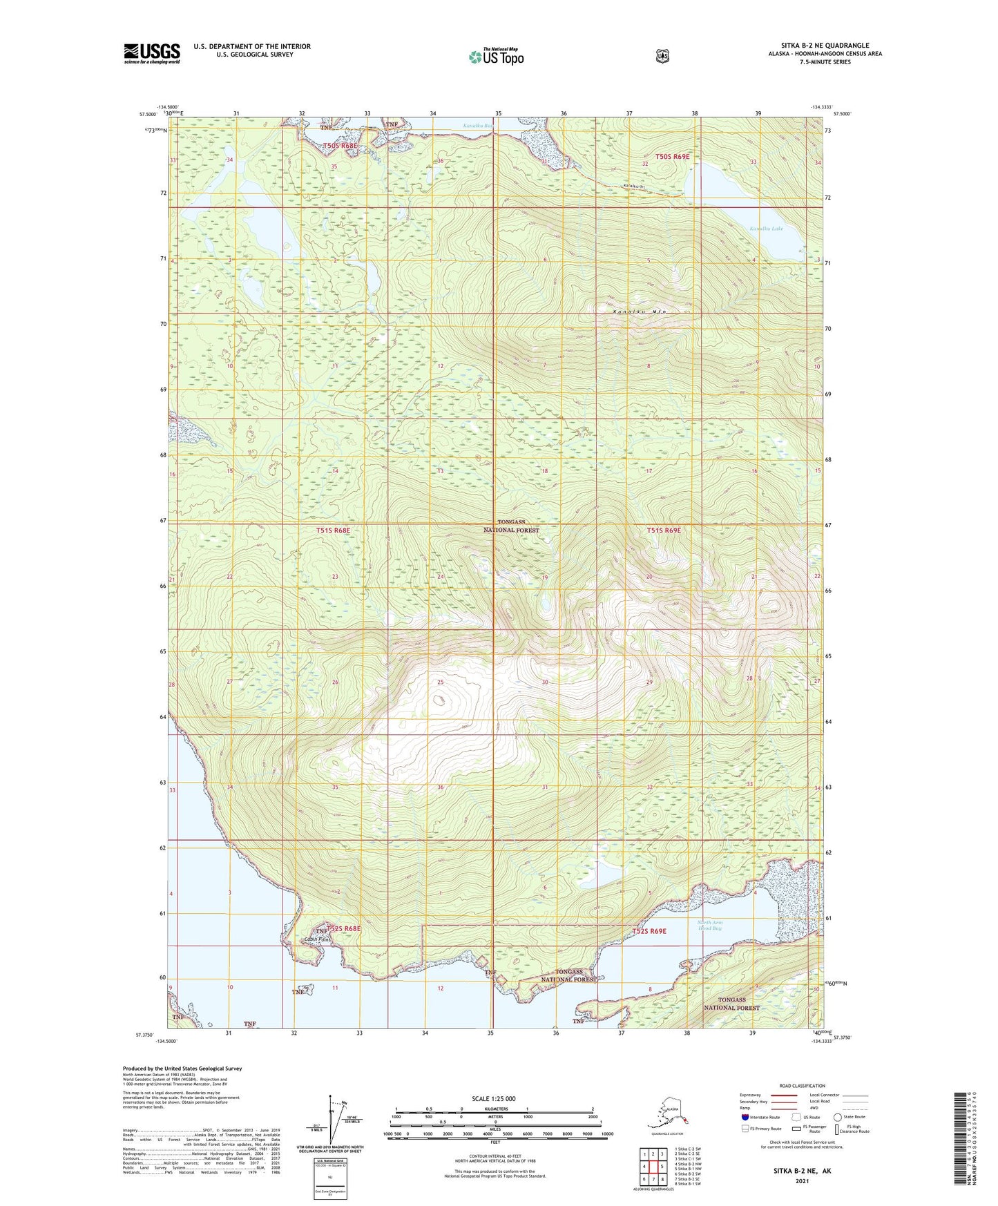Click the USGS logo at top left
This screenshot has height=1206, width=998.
[151, 53]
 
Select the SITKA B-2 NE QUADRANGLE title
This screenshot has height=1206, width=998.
[825, 46]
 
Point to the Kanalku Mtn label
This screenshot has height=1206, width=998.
[642, 312]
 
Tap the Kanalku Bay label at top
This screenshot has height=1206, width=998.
[477, 126]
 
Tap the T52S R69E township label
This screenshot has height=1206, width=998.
[649, 931]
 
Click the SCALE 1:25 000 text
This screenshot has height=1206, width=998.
[493, 1098]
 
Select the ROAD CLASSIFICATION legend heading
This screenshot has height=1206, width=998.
[803, 1086]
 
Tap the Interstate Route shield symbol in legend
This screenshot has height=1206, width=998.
[745, 1117]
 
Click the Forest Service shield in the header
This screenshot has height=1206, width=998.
[662, 56]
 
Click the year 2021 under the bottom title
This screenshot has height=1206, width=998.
[802, 1180]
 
